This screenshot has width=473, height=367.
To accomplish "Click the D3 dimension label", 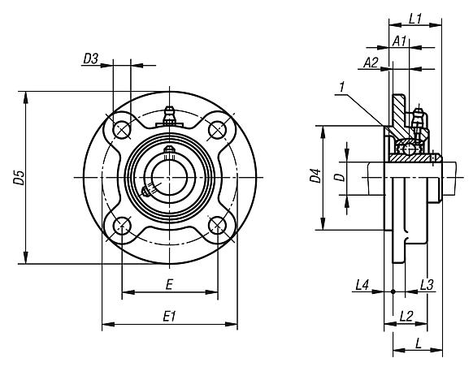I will click(91, 58).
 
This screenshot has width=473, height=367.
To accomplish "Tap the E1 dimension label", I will click(169, 317).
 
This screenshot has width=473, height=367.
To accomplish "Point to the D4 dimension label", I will click(316, 178).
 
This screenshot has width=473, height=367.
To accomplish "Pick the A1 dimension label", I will click(399, 41).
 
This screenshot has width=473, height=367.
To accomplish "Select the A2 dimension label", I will click(371, 62).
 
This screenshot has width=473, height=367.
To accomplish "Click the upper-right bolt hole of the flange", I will click(217, 129).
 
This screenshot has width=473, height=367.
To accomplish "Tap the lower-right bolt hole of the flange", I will click(217, 224).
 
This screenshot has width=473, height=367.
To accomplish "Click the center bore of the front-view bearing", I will click(170, 177).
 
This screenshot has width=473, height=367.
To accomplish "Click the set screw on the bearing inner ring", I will click(149, 192).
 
